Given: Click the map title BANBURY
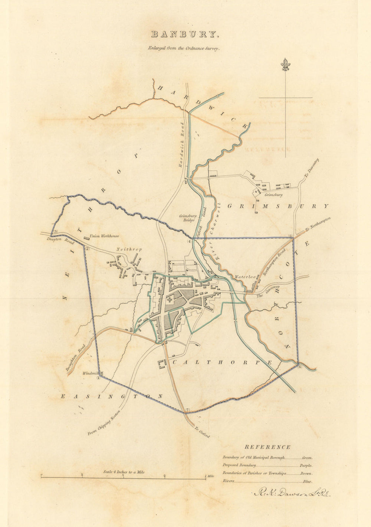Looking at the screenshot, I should [185, 35].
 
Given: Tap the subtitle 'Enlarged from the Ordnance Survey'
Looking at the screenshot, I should [184, 48].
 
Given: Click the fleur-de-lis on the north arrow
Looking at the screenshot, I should [285, 65].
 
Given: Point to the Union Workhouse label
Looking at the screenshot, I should [104, 236].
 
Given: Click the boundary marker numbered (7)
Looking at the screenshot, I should [187, 410].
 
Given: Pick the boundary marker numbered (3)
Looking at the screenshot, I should [55, 232].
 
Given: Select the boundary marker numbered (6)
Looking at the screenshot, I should [300, 367].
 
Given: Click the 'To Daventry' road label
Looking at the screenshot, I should [312, 168].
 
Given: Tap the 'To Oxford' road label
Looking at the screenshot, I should [202, 432].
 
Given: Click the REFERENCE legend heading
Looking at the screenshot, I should [267, 447].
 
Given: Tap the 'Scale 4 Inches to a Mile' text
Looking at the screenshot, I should [124, 472].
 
